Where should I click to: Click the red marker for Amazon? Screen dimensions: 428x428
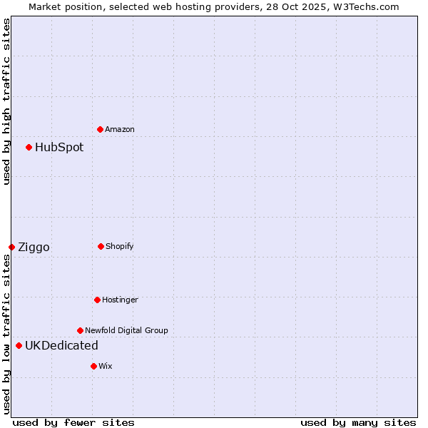100,129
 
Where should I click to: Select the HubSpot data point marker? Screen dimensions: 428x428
29,148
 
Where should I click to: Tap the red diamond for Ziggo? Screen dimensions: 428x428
11,247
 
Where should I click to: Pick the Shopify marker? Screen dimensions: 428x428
101,246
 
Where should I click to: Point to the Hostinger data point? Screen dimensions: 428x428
97,300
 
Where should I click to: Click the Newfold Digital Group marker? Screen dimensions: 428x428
80,330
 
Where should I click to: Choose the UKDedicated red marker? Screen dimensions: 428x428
19,346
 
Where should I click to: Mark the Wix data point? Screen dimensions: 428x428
93,366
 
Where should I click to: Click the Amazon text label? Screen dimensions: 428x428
120,129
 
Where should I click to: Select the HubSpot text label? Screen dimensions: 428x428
59,148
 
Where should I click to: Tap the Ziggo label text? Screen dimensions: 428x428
34,248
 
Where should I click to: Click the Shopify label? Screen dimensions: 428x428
120,246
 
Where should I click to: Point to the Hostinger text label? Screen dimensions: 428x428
120,300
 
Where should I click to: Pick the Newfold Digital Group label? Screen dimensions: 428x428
126,330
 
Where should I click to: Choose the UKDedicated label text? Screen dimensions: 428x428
61,346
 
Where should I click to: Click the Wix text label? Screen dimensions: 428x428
106,366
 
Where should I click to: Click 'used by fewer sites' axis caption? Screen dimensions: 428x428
73,422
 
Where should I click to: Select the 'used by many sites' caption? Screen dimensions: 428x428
358,422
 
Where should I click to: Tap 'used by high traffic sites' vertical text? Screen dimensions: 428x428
6,102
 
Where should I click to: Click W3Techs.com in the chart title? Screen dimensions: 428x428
364,6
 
